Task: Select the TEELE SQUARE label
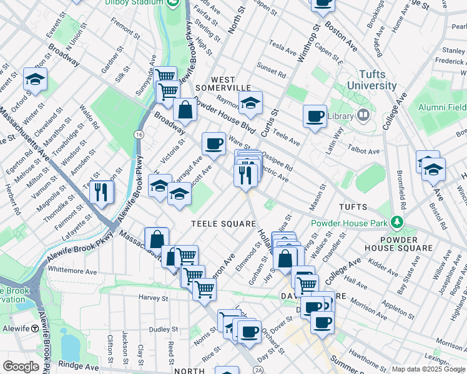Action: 224,224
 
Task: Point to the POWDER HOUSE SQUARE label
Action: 403,244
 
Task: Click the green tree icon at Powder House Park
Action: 396,223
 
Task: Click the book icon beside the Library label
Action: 363,115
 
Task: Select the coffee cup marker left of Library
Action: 315,115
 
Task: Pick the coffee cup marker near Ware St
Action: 214,143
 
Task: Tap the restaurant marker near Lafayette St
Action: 101,192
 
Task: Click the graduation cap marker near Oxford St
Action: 36,79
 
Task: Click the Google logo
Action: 20,367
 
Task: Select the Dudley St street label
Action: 164,328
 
